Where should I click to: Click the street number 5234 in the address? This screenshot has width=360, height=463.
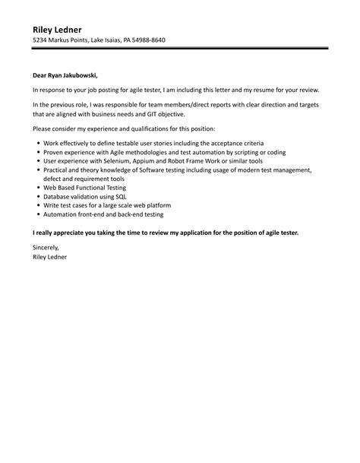click(41, 40)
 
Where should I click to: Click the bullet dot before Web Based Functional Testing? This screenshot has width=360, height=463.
click(38, 187)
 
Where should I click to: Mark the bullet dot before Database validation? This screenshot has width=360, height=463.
click(38, 196)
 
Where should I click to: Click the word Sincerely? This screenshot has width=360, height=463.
click(46, 247)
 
